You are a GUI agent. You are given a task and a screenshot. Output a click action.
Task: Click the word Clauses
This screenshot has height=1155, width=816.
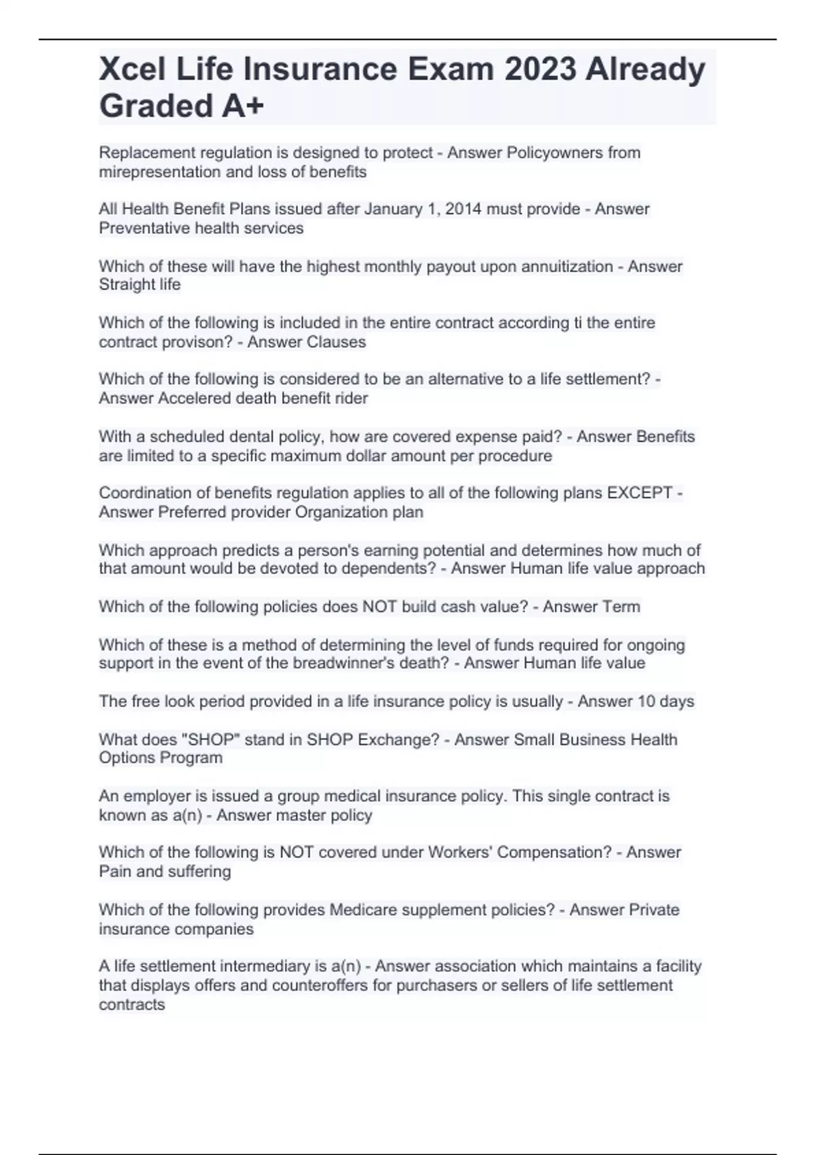point(337,342)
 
